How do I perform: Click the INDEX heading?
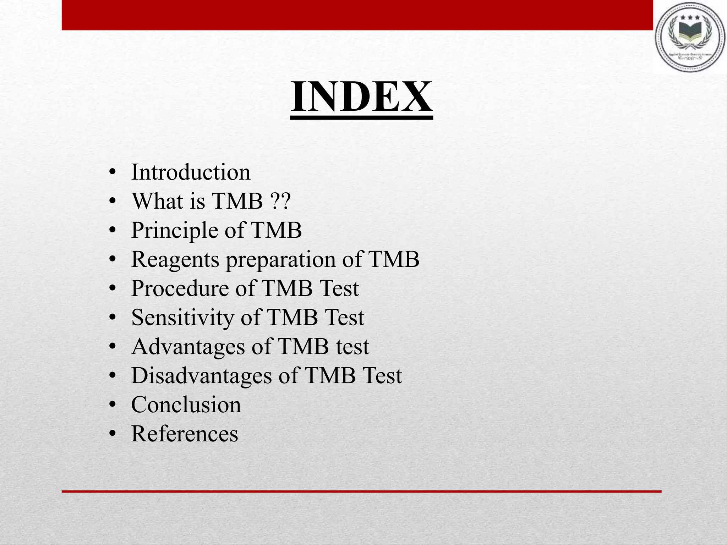point(361,97)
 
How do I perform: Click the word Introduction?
point(191,172)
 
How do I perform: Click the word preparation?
point(280,260)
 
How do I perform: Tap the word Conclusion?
point(186,404)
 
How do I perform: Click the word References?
point(185,434)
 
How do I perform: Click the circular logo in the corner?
point(690,38)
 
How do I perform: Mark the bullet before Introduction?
point(113,173)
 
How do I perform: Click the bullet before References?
point(113,434)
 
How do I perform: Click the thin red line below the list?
point(361,491)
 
